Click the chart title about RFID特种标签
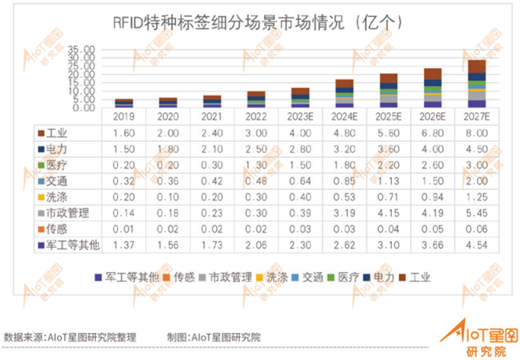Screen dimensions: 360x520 258,23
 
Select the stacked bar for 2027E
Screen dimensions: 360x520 476,84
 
